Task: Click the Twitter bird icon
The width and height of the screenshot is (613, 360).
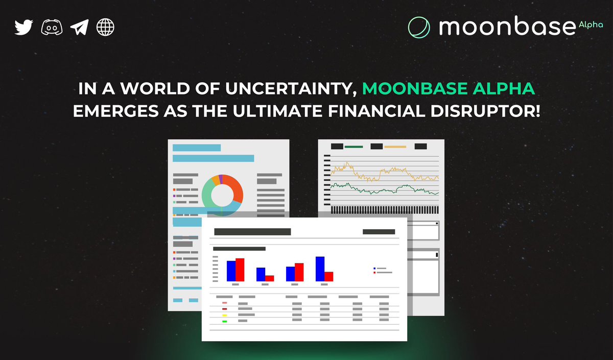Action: (x=23, y=27)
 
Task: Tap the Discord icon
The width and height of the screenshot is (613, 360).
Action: (x=52, y=27)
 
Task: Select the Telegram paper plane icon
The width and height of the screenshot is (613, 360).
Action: (x=79, y=27)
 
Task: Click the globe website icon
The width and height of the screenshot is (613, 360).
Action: (x=106, y=27)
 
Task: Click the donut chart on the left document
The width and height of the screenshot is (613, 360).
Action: (x=222, y=194)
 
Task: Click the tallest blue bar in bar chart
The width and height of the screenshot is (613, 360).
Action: (x=320, y=269)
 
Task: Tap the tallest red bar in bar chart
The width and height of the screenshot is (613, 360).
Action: (x=240, y=270)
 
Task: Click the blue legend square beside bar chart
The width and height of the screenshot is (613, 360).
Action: (x=375, y=268)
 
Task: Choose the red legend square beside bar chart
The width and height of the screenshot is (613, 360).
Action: (x=375, y=273)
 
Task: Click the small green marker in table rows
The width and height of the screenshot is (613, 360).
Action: (x=225, y=321)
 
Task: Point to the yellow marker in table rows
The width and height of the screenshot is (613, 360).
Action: (x=225, y=315)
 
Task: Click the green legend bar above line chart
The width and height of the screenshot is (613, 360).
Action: (x=353, y=147)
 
